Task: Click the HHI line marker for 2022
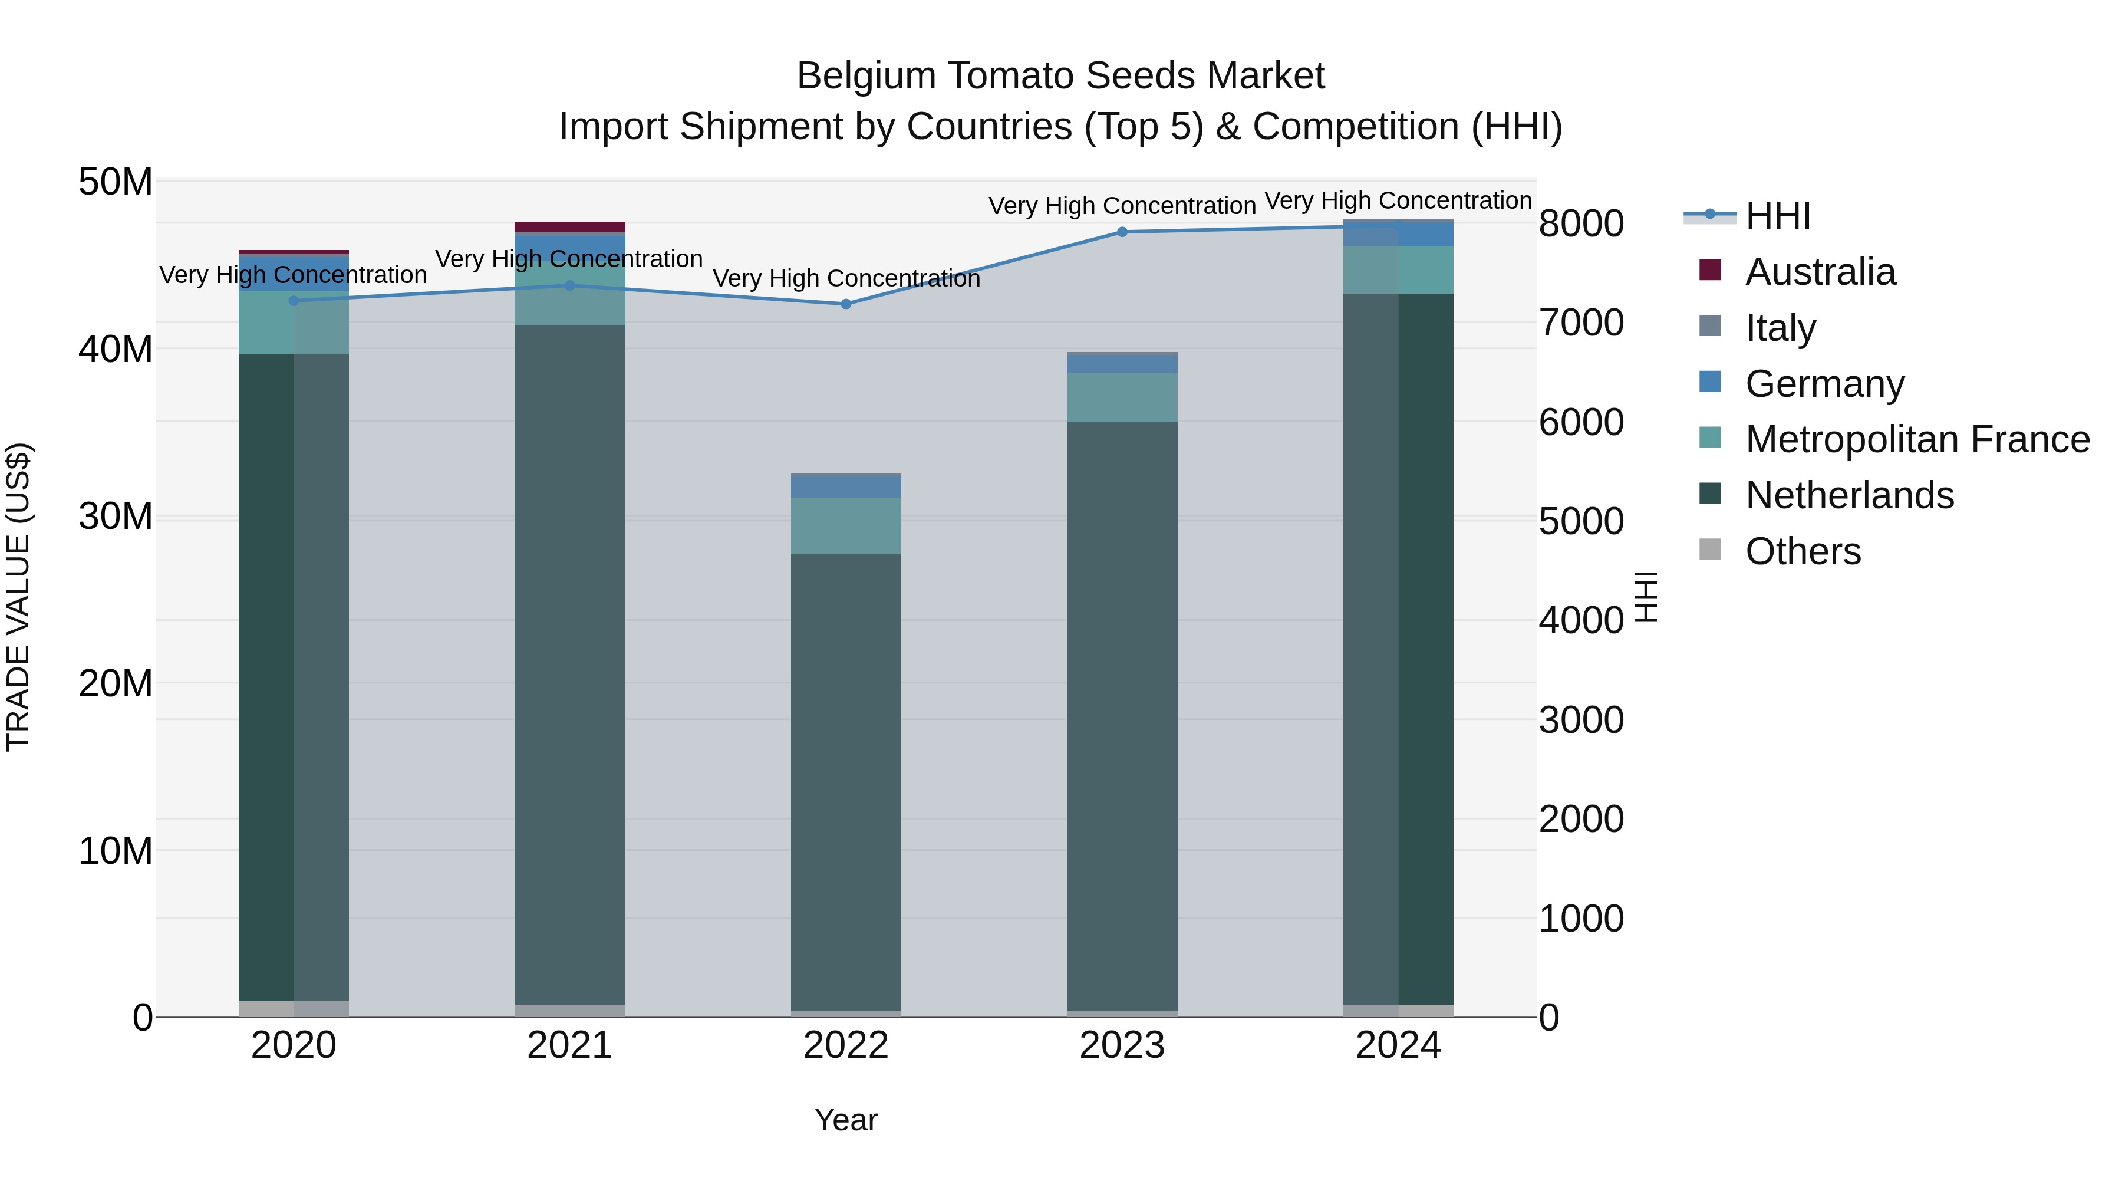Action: coord(845,304)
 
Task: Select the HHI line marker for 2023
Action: coord(1121,232)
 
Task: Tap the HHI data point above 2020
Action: coord(294,301)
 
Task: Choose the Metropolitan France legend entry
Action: coord(1916,439)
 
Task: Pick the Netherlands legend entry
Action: coord(1848,495)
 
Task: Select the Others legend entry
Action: coord(1803,551)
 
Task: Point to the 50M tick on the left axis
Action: coord(116,182)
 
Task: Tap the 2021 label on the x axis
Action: coord(569,1045)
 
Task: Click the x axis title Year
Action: coord(845,1120)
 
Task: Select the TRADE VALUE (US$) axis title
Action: coord(19,597)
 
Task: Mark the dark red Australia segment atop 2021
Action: coord(569,226)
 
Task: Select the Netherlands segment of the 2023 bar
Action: coord(1121,717)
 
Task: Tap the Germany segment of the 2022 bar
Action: coord(845,487)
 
